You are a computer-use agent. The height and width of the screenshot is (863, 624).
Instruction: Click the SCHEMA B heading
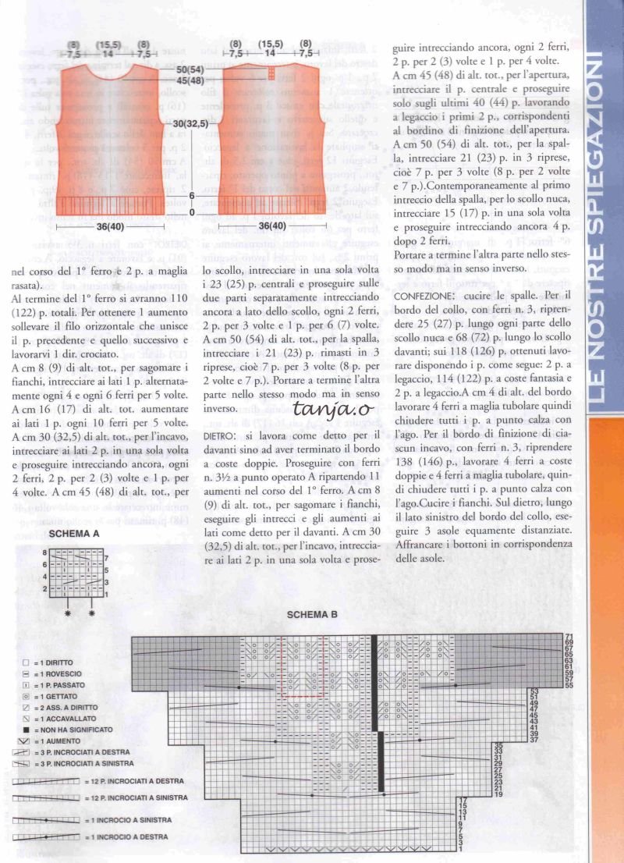311,615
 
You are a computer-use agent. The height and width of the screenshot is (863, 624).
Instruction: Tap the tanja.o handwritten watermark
324,407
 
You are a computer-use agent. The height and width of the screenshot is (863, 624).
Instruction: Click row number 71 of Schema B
569,637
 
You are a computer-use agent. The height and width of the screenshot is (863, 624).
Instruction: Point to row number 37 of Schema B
534,739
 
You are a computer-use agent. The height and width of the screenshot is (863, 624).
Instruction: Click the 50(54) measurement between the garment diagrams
190,70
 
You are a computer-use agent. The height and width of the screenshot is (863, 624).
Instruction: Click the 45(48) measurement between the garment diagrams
190,80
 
